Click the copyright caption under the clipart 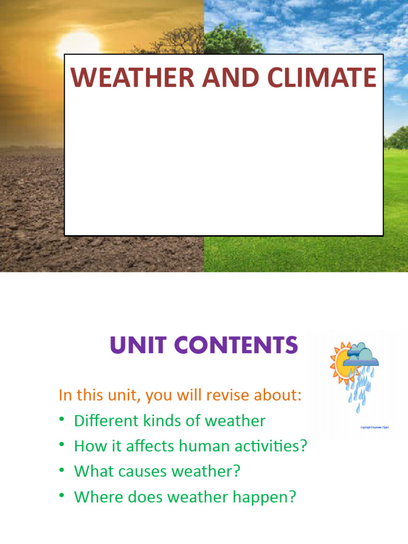pyautogui.click(x=375, y=427)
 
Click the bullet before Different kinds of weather pyautogui.click(x=62, y=420)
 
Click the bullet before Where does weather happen pyautogui.click(x=62, y=496)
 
